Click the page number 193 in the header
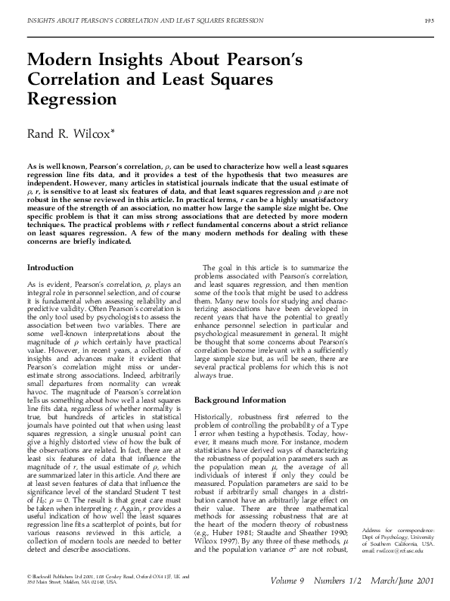pyautogui.click(x=427, y=20)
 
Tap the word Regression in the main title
pyautogui.click(x=67, y=100)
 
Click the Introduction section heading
pyautogui.click(x=51, y=268)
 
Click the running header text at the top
pyautogui.click(x=144, y=20)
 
